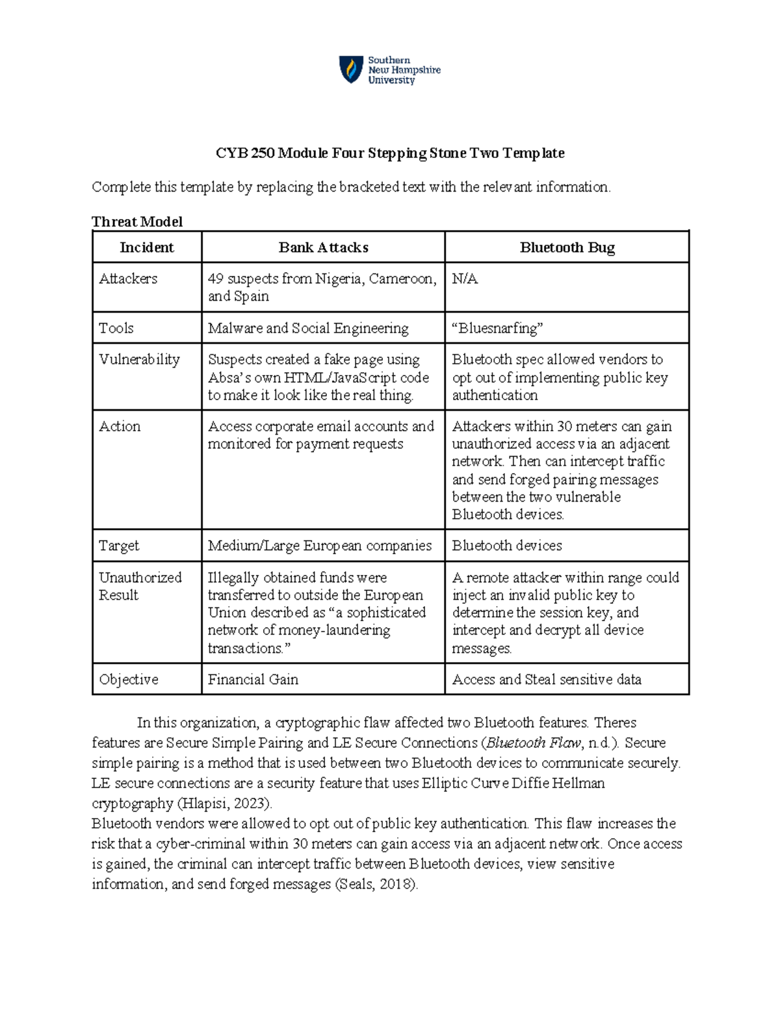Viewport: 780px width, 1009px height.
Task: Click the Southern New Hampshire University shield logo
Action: tap(351, 70)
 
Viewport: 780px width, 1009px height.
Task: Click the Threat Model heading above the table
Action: tap(137, 222)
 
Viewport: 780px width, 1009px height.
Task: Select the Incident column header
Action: tap(147, 248)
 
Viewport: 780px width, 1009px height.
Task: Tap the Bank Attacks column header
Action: tap(323, 248)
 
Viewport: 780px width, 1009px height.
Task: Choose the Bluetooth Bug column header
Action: tap(567, 248)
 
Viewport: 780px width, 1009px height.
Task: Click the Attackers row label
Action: tap(128, 279)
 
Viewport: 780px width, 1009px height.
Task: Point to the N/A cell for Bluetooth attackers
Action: tap(465, 279)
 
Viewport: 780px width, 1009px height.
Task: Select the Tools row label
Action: tap(116, 328)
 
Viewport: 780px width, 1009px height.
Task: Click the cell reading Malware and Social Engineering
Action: tap(308, 328)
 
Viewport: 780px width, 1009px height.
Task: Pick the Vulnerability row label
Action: tap(139, 359)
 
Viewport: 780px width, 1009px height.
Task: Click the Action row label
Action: tap(120, 426)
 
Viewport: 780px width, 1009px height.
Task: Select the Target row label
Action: tap(119, 546)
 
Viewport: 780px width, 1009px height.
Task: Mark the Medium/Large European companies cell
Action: tap(319, 546)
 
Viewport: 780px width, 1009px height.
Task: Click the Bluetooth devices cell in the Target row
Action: tap(507, 546)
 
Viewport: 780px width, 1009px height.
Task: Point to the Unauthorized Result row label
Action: tap(140, 586)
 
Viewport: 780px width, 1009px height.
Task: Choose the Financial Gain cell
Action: tap(253, 680)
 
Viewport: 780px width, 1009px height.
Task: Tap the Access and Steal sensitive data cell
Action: tap(547, 680)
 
